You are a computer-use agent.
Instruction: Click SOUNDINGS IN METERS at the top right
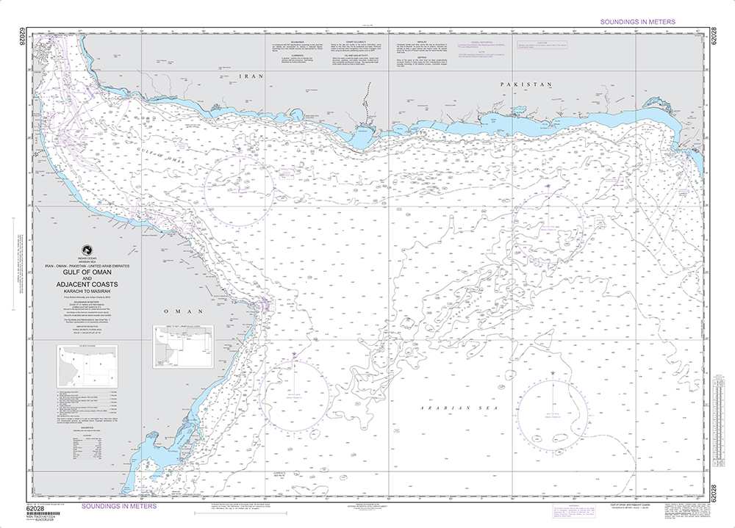pos(637,23)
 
